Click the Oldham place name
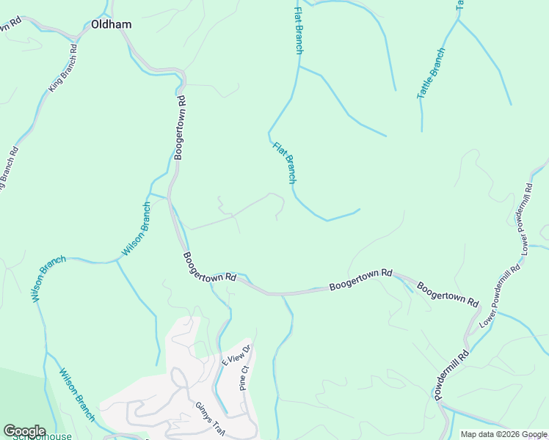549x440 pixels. point(112,24)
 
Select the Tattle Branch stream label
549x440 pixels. point(431,73)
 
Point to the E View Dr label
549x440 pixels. point(236,356)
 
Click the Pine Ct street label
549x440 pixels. point(245,378)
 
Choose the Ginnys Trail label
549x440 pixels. point(208,419)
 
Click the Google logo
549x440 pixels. point(23,430)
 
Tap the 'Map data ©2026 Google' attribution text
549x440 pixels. point(503,434)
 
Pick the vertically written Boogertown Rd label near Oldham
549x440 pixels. point(181,127)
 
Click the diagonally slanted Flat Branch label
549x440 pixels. point(286,162)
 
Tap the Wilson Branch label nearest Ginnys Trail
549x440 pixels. point(77,395)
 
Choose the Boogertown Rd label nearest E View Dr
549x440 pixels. point(209,267)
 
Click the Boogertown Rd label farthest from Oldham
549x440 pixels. point(448,293)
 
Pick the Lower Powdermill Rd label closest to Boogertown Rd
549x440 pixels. point(500,295)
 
